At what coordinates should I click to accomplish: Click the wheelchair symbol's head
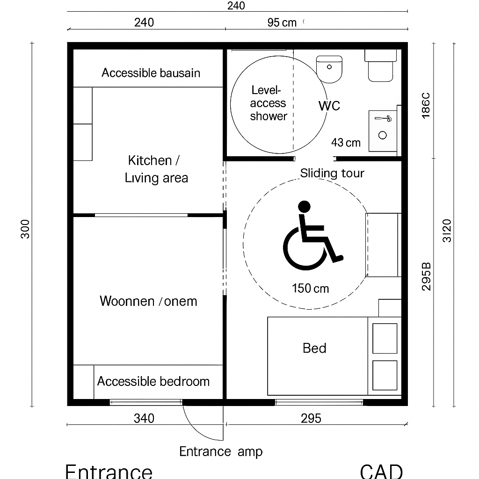(304, 207)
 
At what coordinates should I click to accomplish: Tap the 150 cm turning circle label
(311, 288)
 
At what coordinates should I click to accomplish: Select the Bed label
(314, 348)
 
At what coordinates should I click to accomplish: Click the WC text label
(329, 106)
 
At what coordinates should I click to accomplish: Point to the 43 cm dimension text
(346, 143)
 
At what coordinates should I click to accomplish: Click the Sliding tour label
(332, 173)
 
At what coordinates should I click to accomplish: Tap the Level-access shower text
(268, 103)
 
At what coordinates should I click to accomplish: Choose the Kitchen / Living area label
(156, 169)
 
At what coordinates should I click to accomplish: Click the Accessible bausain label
(151, 73)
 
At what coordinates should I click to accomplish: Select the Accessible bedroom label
(153, 381)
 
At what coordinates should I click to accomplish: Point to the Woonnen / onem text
(148, 301)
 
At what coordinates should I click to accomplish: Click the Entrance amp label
(221, 451)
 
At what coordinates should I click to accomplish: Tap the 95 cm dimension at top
(282, 22)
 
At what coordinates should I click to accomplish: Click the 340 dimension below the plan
(144, 418)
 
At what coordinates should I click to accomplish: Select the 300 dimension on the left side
(25, 229)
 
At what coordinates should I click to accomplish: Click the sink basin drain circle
(383, 135)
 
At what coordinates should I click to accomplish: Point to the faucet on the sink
(383, 118)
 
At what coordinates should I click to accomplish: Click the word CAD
(381, 471)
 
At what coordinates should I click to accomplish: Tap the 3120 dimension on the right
(447, 231)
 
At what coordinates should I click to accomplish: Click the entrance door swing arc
(198, 428)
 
